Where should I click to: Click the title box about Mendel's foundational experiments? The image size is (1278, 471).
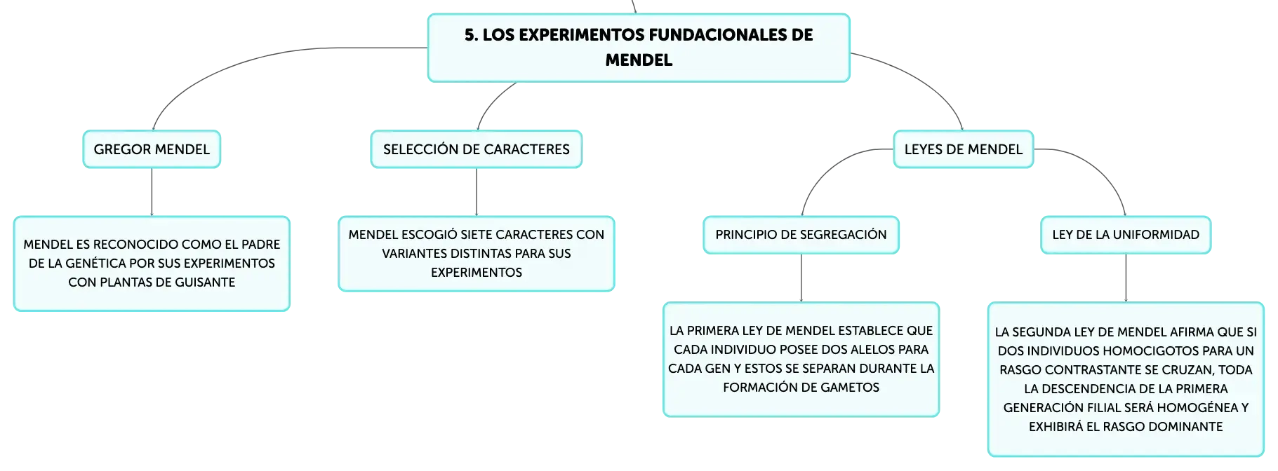(x=639, y=48)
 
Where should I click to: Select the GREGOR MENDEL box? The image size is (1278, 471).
(x=152, y=149)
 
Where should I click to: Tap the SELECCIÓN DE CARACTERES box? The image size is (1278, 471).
(x=477, y=149)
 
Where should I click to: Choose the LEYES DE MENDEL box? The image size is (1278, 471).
(x=964, y=149)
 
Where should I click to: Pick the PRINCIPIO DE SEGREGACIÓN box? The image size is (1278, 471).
(x=801, y=235)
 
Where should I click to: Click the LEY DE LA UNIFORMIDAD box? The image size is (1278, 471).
(x=1126, y=235)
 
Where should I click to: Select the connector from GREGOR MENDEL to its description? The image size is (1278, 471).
(x=152, y=192)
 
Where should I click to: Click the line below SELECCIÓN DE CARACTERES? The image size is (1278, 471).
(x=477, y=192)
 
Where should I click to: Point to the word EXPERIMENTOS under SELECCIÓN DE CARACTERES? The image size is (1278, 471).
(x=477, y=273)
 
